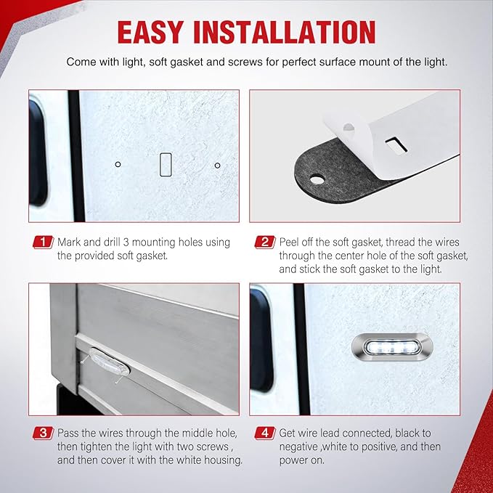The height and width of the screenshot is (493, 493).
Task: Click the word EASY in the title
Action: (150, 33)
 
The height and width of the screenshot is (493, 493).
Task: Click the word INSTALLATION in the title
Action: (285, 33)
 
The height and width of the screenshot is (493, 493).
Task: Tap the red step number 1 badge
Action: (43, 242)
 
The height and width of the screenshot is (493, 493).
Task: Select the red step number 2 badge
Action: (265, 242)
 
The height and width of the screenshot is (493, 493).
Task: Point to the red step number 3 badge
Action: (43, 433)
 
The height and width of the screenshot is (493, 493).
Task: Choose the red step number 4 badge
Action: (265, 433)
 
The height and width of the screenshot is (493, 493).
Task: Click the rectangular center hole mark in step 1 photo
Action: (166, 164)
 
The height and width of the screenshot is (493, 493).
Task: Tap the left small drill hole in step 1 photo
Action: (118, 164)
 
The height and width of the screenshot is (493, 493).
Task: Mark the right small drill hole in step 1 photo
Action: (217, 166)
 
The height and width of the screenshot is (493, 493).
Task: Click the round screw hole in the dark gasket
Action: (317, 180)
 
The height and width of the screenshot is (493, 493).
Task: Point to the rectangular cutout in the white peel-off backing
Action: (396, 144)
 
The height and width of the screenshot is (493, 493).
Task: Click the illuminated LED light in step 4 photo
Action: (392, 348)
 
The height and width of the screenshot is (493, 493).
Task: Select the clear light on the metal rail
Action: (109, 362)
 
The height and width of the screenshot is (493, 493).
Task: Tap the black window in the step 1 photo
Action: (38, 152)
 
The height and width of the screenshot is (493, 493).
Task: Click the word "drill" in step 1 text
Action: (113, 242)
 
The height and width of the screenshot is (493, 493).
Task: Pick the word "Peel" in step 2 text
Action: (289, 242)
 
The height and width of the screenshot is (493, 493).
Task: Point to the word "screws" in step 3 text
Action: (209, 447)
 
